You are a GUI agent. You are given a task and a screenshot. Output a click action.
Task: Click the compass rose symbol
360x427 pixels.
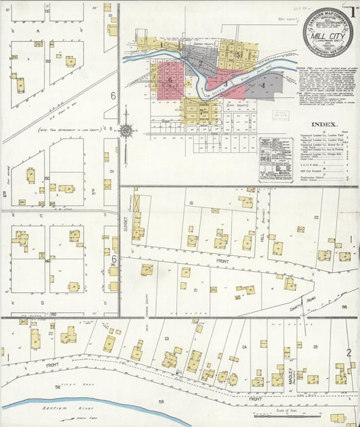tap(126, 130)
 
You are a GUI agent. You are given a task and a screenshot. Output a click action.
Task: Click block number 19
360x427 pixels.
tap(191, 203)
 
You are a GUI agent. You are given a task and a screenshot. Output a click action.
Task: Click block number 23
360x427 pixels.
tap(165, 339)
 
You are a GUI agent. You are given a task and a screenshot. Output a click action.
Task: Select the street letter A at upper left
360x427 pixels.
tap(39, 31)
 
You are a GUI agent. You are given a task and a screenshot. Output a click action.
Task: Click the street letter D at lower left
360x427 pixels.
tap(41, 303)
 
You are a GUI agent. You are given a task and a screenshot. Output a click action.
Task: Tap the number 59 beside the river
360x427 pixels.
tap(161, 403)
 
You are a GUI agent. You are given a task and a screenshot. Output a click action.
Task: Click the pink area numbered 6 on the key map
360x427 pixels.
tap(170, 80)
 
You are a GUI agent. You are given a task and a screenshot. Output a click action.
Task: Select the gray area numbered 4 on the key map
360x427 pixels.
tap(280, 85)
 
